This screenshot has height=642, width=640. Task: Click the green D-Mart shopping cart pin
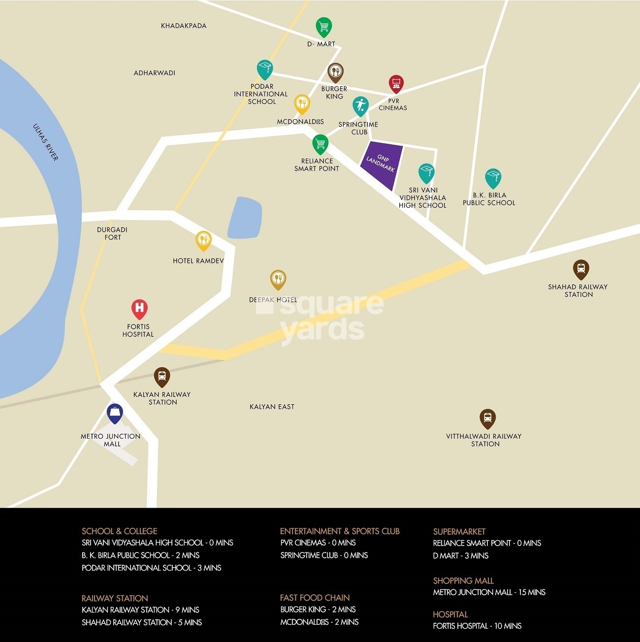click(x=323, y=27)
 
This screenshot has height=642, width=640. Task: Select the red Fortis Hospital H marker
click(x=139, y=308)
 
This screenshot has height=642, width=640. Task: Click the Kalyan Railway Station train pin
click(x=162, y=377)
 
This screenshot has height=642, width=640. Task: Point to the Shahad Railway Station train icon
click(x=581, y=269)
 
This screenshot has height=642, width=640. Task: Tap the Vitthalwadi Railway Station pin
click(x=487, y=418)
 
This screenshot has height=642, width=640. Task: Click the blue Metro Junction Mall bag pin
click(x=115, y=413)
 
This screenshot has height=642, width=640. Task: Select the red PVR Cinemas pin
click(x=396, y=84)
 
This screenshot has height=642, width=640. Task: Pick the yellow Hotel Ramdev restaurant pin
click(x=203, y=240)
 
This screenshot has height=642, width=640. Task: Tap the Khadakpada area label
click(x=184, y=26)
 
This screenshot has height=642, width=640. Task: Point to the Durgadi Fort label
click(x=112, y=233)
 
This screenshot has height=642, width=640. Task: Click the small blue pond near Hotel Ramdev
click(x=245, y=218)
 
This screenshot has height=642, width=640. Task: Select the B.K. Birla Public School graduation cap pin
click(x=493, y=178)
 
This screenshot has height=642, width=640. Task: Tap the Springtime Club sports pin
click(x=360, y=105)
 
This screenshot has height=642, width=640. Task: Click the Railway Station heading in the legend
click(x=115, y=598)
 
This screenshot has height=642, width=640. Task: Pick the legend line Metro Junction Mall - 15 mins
click(x=489, y=592)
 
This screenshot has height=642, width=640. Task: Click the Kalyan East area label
click(x=272, y=407)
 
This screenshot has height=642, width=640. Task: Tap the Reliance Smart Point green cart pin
click(x=320, y=144)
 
